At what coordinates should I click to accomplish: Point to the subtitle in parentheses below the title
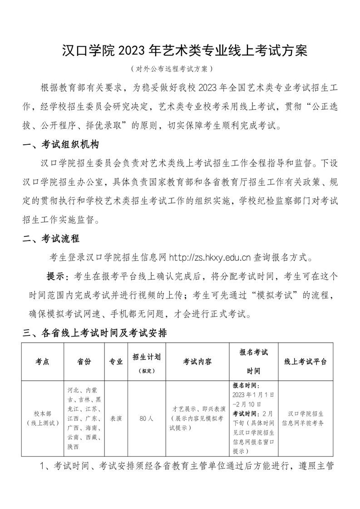click(x=171, y=69)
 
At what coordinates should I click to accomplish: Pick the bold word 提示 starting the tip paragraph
click(x=57, y=277)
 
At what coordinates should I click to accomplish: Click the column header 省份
click(x=84, y=362)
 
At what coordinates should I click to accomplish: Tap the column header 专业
click(x=116, y=362)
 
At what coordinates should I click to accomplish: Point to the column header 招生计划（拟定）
click(x=146, y=363)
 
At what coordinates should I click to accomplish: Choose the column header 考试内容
click(x=197, y=362)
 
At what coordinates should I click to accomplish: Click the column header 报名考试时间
click(x=254, y=362)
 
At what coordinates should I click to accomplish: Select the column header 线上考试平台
click(x=305, y=362)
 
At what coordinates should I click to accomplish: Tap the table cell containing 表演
click(x=116, y=418)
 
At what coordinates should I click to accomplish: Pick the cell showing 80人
click(x=146, y=418)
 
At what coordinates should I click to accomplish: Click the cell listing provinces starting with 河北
click(x=84, y=418)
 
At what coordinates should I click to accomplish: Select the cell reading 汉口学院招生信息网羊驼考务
click(x=305, y=418)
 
